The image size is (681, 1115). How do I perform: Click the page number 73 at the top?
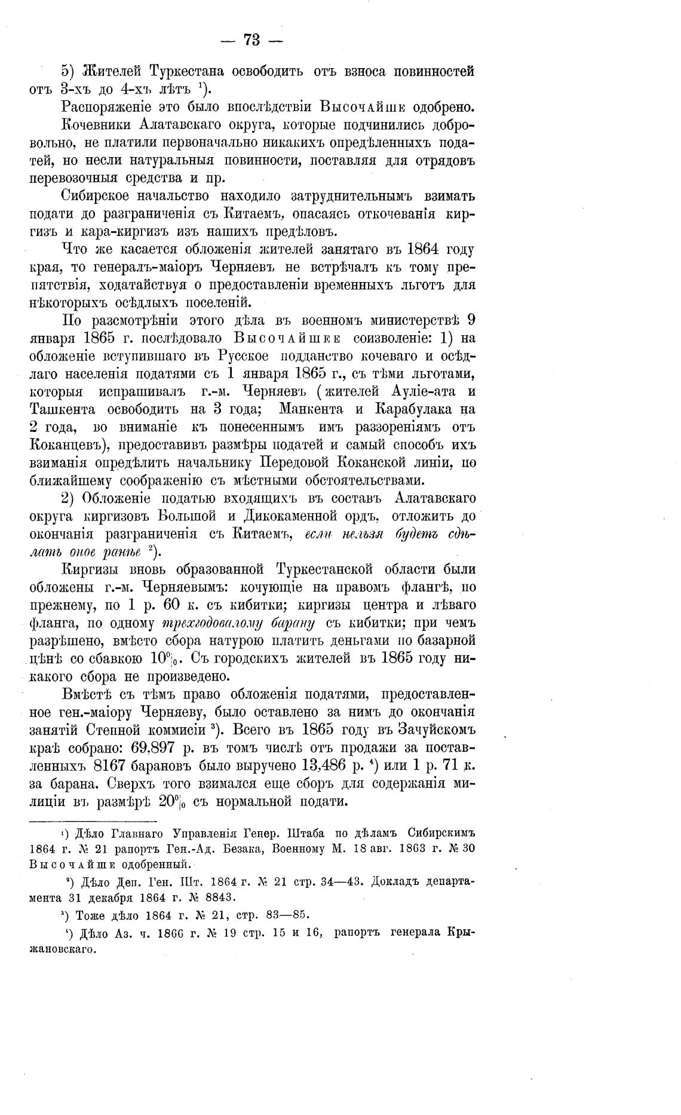(x=251, y=40)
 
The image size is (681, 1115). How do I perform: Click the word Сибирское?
(x=108, y=196)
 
